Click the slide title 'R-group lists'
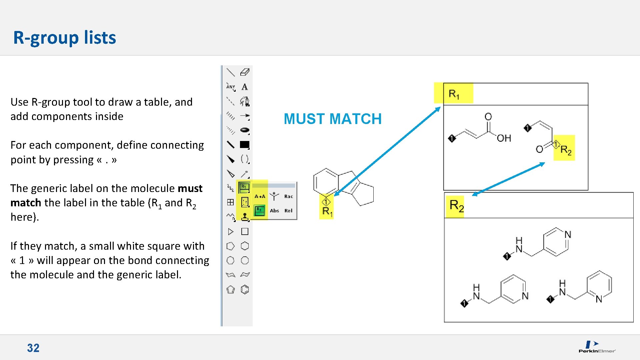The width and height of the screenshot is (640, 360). pyautogui.click(x=65, y=37)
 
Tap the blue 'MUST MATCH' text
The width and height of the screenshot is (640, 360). pyautogui.click(x=332, y=119)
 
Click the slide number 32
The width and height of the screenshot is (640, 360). pyautogui.click(x=33, y=348)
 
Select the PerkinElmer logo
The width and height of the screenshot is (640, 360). pyautogui.click(x=597, y=347)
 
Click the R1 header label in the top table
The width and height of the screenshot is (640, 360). pyautogui.click(x=454, y=94)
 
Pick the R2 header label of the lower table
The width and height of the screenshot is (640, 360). pyautogui.click(x=456, y=206)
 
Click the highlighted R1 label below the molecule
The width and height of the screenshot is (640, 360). pyautogui.click(x=327, y=211)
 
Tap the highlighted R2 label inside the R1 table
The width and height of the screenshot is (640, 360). pyautogui.click(x=566, y=150)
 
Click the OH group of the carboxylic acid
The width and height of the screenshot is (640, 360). pyautogui.click(x=504, y=138)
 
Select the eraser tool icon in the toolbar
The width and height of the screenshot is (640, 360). pyautogui.click(x=245, y=72)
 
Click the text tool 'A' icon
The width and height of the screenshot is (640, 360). pyautogui.click(x=245, y=87)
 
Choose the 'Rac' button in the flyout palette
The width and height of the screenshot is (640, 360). pyautogui.click(x=288, y=196)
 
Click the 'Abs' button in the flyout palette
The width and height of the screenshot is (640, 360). pyautogui.click(x=274, y=211)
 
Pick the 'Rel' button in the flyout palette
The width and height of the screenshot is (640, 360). pyautogui.click(x=288, y=211)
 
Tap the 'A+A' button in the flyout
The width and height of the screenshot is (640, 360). pyautogui.click(x=260, y=196)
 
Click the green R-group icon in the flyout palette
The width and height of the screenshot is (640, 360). pyautogui.click(x=260, y=210)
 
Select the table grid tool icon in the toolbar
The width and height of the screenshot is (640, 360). pyautogui.click(x=230, y=202)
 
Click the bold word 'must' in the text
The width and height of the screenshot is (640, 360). pyautogui.click(x=190, y=189)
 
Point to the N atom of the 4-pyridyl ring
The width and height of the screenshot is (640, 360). pyautogui.click(x=568, y=235)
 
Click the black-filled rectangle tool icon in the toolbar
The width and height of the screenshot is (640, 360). pyautogui.click(x=245, y=145)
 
